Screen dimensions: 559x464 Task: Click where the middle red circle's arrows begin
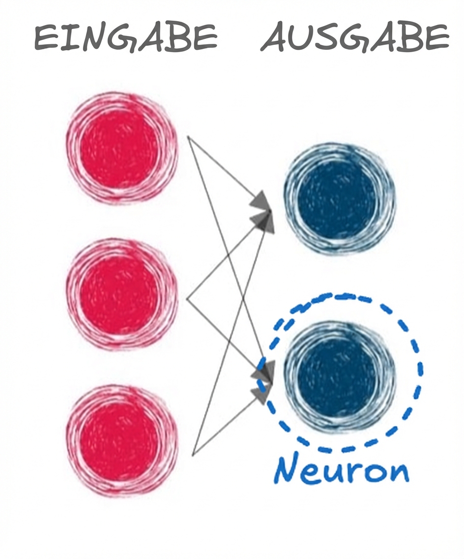(x=188, y=298)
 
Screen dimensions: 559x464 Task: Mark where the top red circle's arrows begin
(x=188, y=137)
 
